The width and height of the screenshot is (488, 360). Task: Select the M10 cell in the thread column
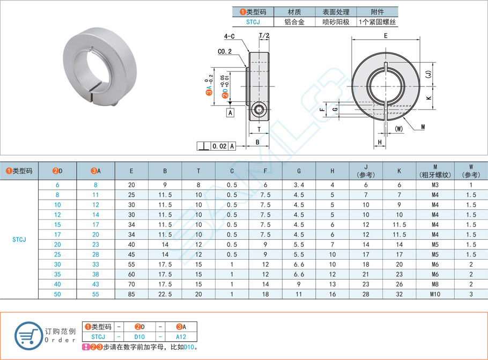tap(434, 294)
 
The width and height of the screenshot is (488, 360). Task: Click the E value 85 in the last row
tap(131, 294)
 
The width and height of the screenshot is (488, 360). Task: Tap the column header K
tap(399, 171)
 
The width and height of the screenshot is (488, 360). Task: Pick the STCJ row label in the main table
tap(19, 240)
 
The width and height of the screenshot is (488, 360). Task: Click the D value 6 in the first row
tap(57, 185)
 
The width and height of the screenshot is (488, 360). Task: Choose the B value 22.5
tap(165, 294)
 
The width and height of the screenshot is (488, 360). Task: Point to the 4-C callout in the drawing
tap(230, 37)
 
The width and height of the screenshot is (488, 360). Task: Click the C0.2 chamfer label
tap(225, 52)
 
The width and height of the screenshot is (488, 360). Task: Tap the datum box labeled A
tap(230, 113)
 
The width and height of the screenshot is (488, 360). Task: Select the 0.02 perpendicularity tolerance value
tap(219, 146)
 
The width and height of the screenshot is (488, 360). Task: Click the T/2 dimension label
tap(264, 36)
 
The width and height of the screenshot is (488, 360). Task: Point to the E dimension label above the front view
tap(386, 35)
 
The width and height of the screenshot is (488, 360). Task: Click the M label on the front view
tap(423, 127)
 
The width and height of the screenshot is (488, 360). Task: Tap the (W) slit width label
tap(398, 129)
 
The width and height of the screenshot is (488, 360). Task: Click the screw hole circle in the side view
tap(260, 110)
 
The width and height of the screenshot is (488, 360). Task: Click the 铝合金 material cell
tap(295, 22)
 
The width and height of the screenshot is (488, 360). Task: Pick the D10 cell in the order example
tap(139, 336)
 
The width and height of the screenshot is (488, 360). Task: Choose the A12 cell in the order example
tap(181, 336)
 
